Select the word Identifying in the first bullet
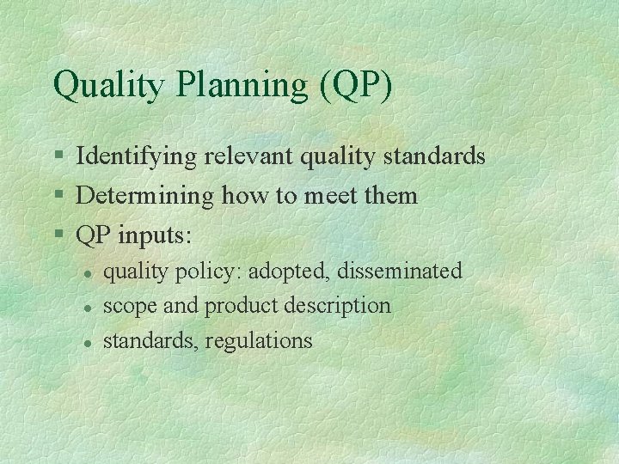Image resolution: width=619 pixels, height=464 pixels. click(138, 157)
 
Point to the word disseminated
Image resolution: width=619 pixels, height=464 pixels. click(400, 272)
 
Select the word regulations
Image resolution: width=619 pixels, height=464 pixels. click(260, 341)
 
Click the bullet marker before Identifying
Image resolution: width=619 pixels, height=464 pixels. click(58, 157)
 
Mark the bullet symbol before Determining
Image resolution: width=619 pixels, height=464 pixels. click(58, 196)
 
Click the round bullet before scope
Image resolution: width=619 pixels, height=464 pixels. click(88, 307)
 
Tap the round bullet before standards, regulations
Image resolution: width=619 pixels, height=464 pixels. click(88, 342)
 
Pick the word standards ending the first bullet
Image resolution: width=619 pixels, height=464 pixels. click(435, 157)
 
